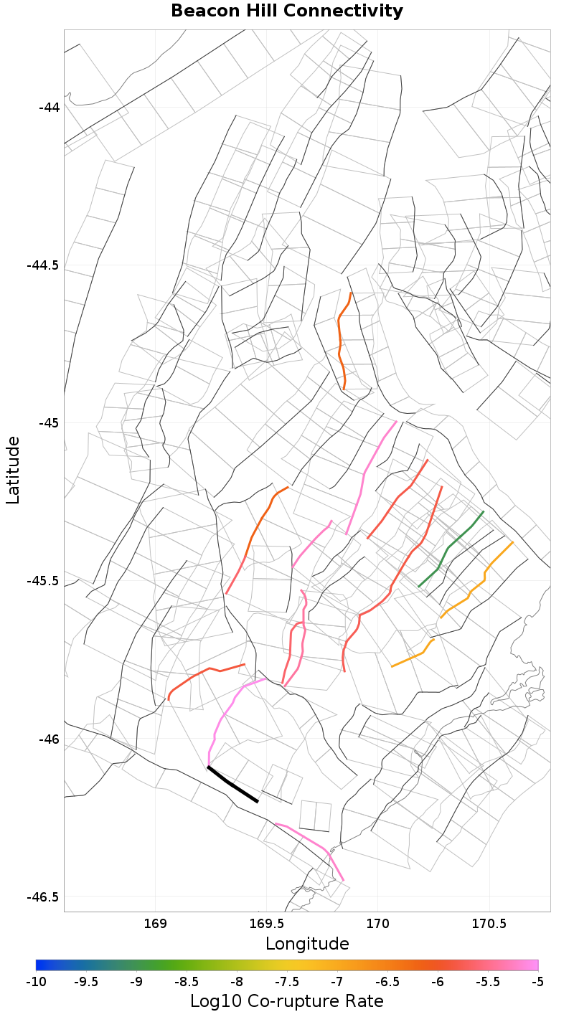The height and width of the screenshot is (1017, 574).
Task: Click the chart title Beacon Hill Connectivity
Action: click(x=287, y=11)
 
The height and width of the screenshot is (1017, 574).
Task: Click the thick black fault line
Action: click(x=232, y=785)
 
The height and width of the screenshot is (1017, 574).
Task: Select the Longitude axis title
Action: click(x=307, y=944)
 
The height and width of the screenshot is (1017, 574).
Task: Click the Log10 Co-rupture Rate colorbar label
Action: click(x=287, y=1001)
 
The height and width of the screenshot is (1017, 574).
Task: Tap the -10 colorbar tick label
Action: click(x=36, y=981)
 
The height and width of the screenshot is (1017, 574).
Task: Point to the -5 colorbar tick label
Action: click(x=537, y=981)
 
